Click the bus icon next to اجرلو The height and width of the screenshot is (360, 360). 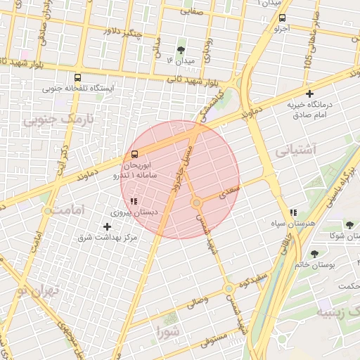pyautogui.click(x=282, y=18)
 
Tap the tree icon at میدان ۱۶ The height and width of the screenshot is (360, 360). pyautogui.click(x=181, y=50)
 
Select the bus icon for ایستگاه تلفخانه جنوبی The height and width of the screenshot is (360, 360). pyautogui.click(x=77, y=77)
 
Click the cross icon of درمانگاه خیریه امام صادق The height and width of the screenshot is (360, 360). pyautogui.click(x=309, y=94)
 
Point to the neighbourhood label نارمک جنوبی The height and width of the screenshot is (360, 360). pyautogui.click(x=58, y=120)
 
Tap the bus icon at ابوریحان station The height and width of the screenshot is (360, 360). pyautogui.click(x=134, y=155)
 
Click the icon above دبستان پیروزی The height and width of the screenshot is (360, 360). pyautogui.click(x=134, y=201)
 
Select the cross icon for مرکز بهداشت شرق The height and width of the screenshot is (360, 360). pyautogui.click(x=107, y=226)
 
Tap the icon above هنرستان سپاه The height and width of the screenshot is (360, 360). pyautogui.click(x=293, y=212)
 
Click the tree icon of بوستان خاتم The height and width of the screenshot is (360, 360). pyautogui.click(x=314, y=254)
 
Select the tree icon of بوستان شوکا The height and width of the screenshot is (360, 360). pyautogui.click(x=349, y=226)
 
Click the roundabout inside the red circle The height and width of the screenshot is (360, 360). pyautogui.click(x=197, y=202)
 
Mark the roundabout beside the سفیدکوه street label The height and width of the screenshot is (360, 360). pyautogui.click(x=229, y=288)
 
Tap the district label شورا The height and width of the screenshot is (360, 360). pyautogui.click(x=169, y=330)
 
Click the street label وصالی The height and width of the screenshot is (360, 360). pyautogui.click(x=196, y=303)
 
